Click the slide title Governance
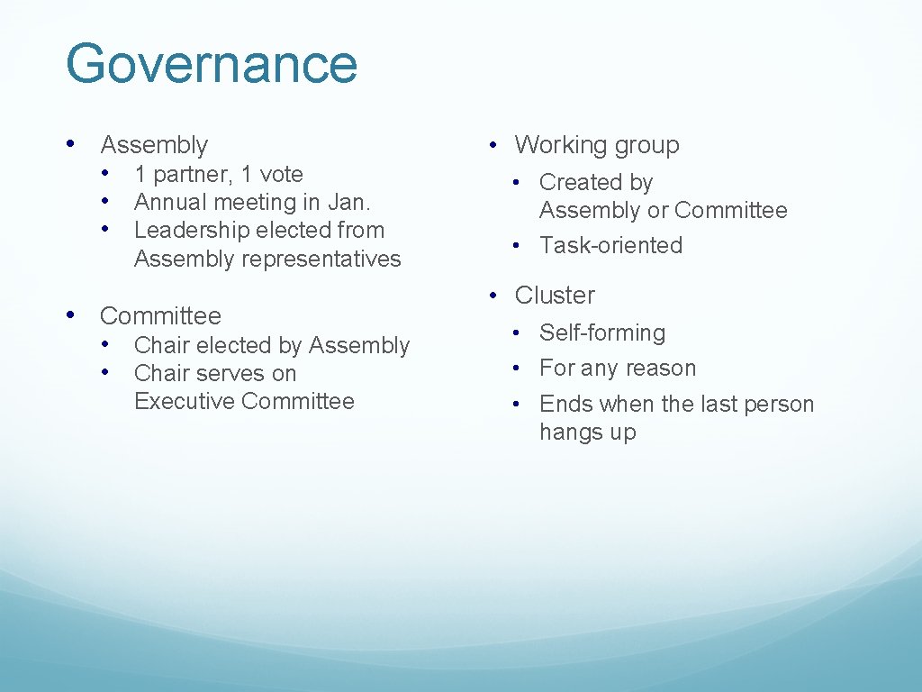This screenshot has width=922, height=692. click(212, 65)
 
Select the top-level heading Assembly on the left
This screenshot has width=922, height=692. click(154, 145)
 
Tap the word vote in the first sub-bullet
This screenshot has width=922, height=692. click(281, 174)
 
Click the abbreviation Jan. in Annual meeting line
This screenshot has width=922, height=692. click(350, 202)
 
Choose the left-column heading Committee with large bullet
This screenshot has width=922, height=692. click(160, 316)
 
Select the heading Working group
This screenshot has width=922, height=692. click(596, 145)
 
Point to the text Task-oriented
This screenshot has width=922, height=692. click(610, 245)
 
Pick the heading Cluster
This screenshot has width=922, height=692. click(555, 296)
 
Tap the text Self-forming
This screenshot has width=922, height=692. click(602, 332)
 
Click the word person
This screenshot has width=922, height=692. click(779, 405)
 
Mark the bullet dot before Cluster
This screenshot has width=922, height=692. click(493, 296)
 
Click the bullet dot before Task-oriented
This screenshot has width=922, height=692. click(518, 245)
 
